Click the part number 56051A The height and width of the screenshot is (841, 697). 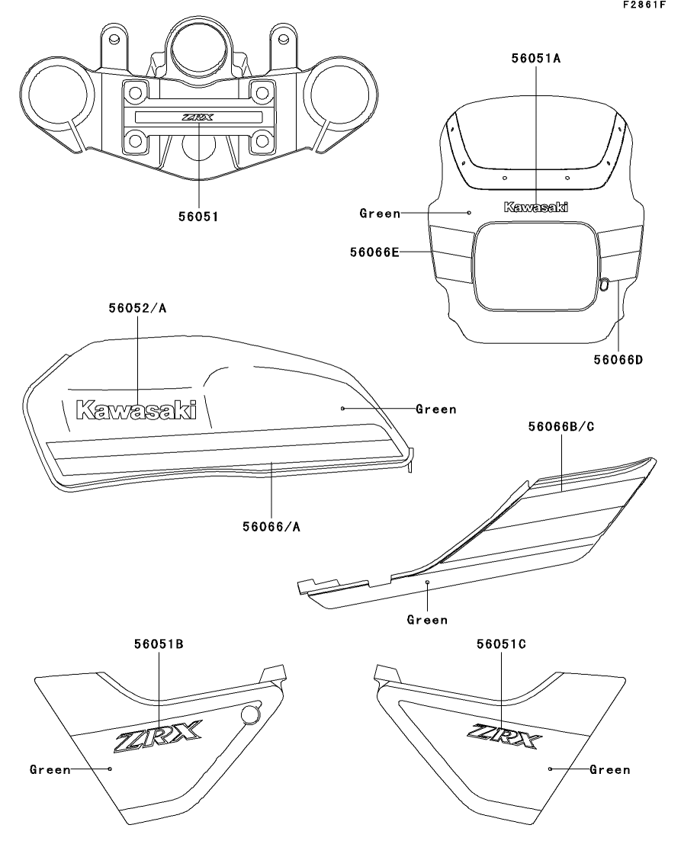coord(536,57)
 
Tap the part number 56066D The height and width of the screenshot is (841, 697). coord(616,359)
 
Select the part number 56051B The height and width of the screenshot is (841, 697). coord(159,644)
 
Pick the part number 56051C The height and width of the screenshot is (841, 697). coord(501,644)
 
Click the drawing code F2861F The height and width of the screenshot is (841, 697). coord(666,6)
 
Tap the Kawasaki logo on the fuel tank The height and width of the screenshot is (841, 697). coord(136,410)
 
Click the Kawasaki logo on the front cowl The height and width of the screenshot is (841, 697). coord(536,207)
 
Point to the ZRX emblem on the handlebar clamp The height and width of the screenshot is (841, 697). coord(198,117)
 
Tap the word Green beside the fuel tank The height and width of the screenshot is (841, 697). coord(436,409)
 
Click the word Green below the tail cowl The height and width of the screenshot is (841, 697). coord(427,620)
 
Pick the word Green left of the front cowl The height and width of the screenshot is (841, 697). coord(380,213)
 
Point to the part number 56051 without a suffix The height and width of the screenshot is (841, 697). coord(198,217)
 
